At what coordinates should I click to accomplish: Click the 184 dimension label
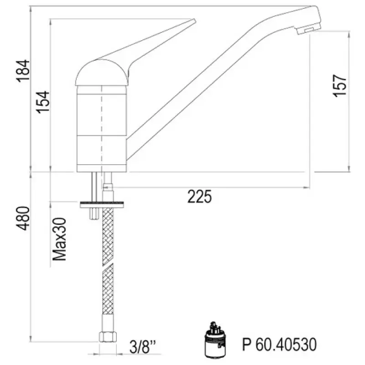pyautogui.click(x=23, y=71)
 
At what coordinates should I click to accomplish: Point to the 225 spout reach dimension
pyautogui.click(x=200, y=197)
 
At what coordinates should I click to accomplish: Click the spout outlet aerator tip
pyautogui.click(x=307, y=30)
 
